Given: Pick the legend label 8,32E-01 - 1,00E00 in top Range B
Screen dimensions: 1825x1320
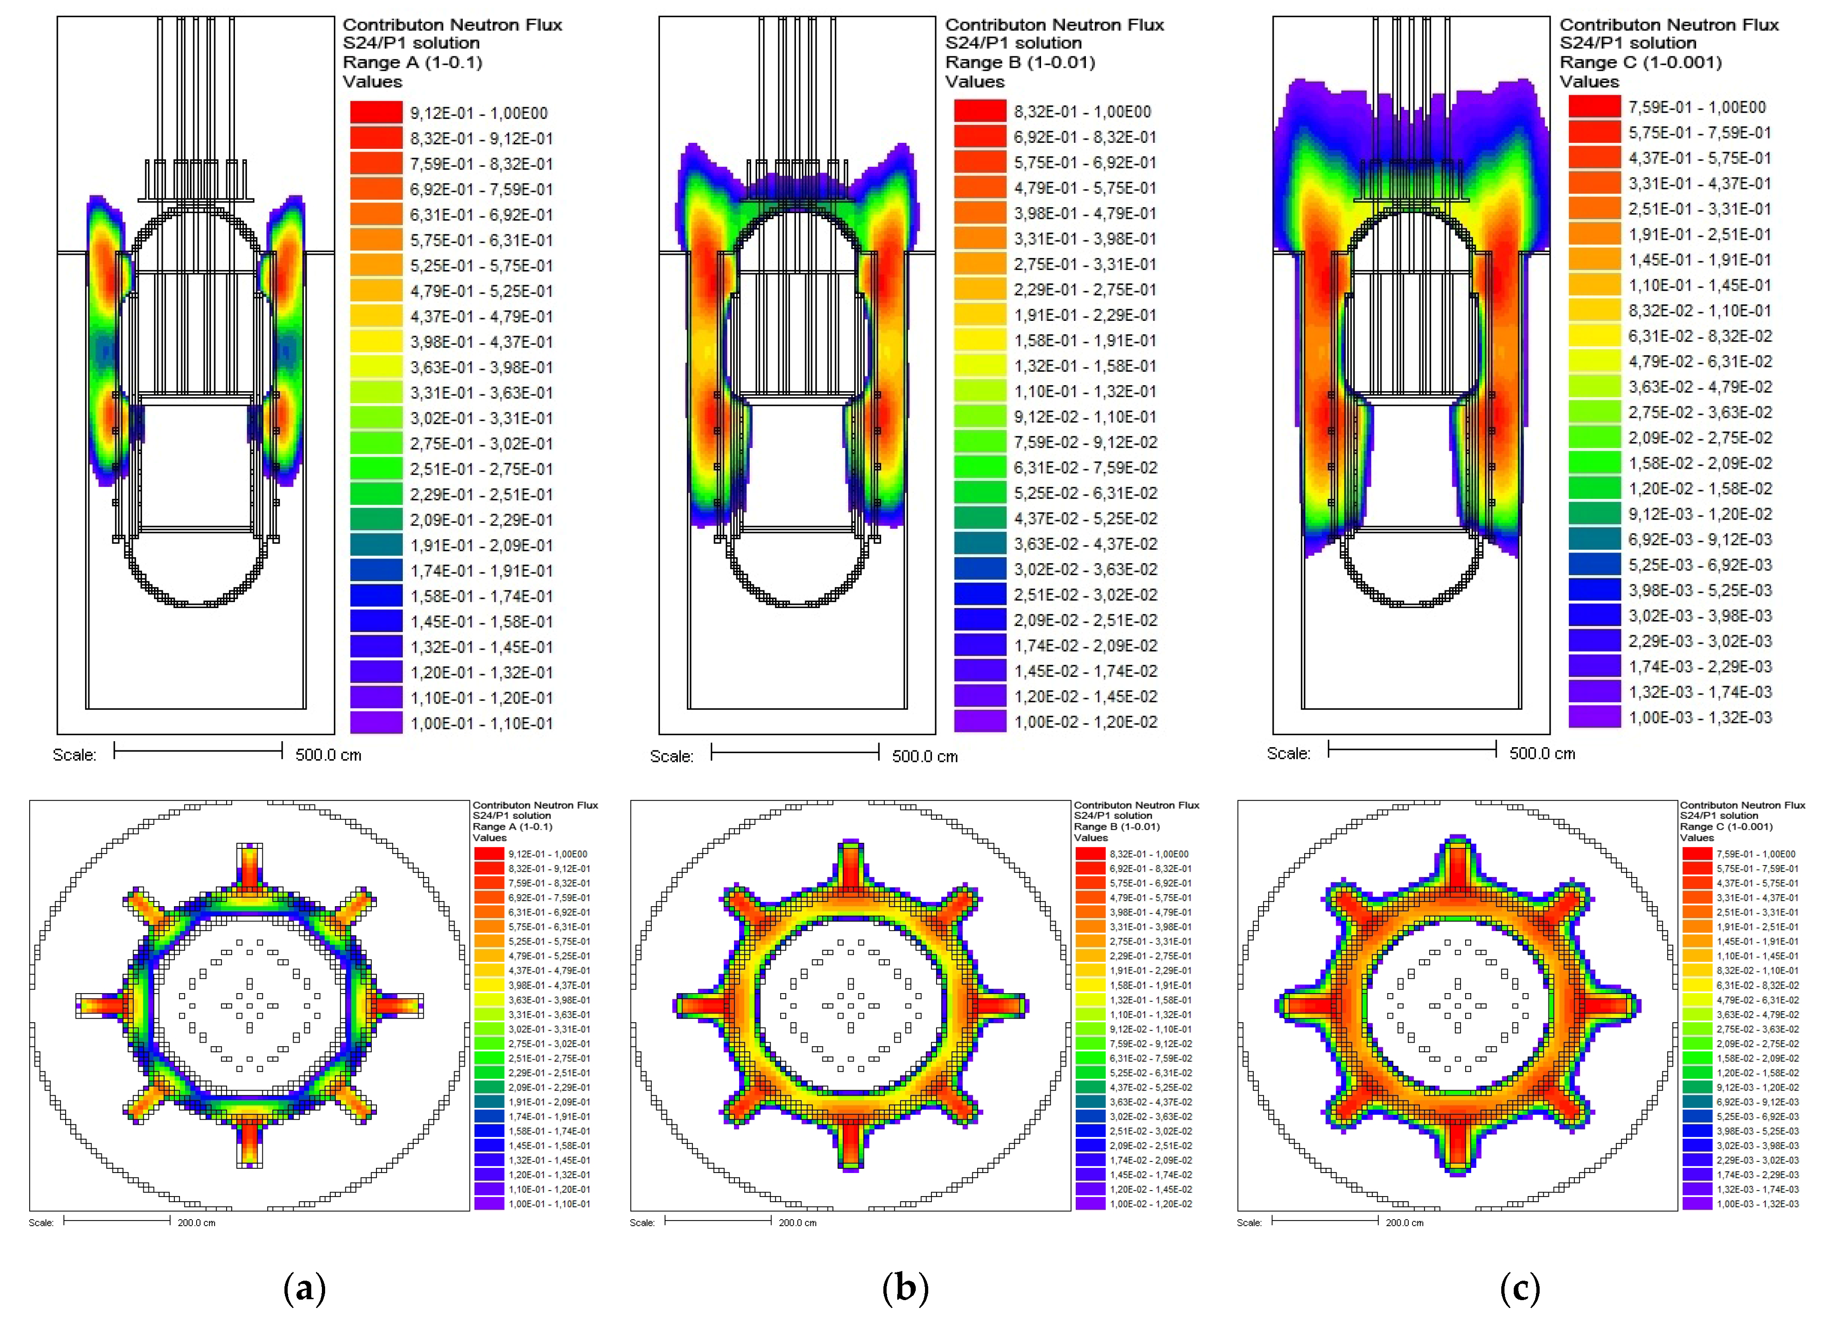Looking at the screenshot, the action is (x=1082, y=112).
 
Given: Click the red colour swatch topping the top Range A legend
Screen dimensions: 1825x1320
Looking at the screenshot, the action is (x=376, y=113).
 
